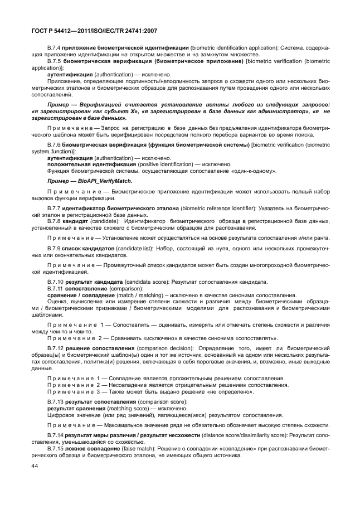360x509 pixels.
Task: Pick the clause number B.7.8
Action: pyautogui.click(x=55, y=221)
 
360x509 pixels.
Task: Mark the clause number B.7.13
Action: pyautogui.click(x=56, y=401)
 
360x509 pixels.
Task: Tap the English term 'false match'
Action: pyautogui.click(x=135, y=448)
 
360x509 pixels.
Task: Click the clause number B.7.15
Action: pyautogui.click(x=56, y=448)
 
